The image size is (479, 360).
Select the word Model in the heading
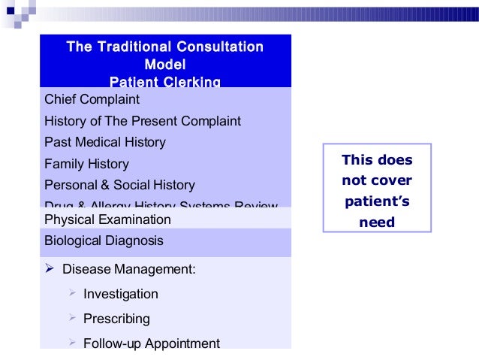click(x=165, y=65)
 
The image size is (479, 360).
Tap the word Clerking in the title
click(x=190, y=81)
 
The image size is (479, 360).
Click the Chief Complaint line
click(x=92, y=99)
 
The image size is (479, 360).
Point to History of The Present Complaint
click(x=143, y=120)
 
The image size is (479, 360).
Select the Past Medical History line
click(x=105, y=142)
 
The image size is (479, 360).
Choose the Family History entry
click(x=86, y=164)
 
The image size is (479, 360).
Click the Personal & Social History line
click(x=119, y=185)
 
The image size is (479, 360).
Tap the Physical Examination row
click(x=107, y=220)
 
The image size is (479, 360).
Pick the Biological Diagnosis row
click(x=104, y=241)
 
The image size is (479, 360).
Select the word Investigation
click(x=121, y=294)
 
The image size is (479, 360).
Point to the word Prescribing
click(x=116, y=319)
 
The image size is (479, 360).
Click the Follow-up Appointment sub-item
click(x=151, y=343)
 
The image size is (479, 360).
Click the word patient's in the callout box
click(x=378, y=202)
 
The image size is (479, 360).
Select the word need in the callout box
click(x=378, y=222)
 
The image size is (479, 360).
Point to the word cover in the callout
click(x=393, y=181)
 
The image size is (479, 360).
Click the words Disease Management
click(x=128, y=268)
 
